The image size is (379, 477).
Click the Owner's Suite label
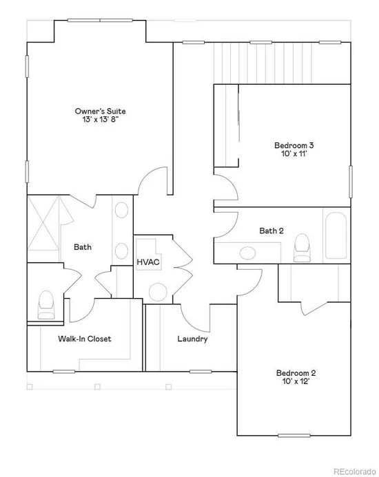[100, 111]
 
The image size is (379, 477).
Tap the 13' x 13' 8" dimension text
[100, 119]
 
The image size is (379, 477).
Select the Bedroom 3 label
[294, 145]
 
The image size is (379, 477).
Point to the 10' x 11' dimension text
[294, 153]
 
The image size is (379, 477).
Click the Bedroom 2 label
[296, 373]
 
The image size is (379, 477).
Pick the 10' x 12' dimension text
[296, 381]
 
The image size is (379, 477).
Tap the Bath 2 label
[272, 231]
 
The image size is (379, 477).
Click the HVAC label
[148, 262]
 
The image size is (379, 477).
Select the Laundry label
[192, 339]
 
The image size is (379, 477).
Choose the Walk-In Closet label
[85, 339]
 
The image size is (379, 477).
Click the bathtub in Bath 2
[336, 235]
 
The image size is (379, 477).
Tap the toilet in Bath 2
[303, 248]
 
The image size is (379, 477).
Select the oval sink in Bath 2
[247, 253]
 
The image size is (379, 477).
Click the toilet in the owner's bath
[46, 305]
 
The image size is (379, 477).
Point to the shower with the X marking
[43, 223]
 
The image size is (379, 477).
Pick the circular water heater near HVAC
[158, 292]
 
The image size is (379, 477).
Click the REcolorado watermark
[355, 471]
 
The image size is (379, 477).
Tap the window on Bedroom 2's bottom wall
[294, 436]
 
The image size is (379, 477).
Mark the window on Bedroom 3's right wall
[351, 182]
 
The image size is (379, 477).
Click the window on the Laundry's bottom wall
[201, 372]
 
